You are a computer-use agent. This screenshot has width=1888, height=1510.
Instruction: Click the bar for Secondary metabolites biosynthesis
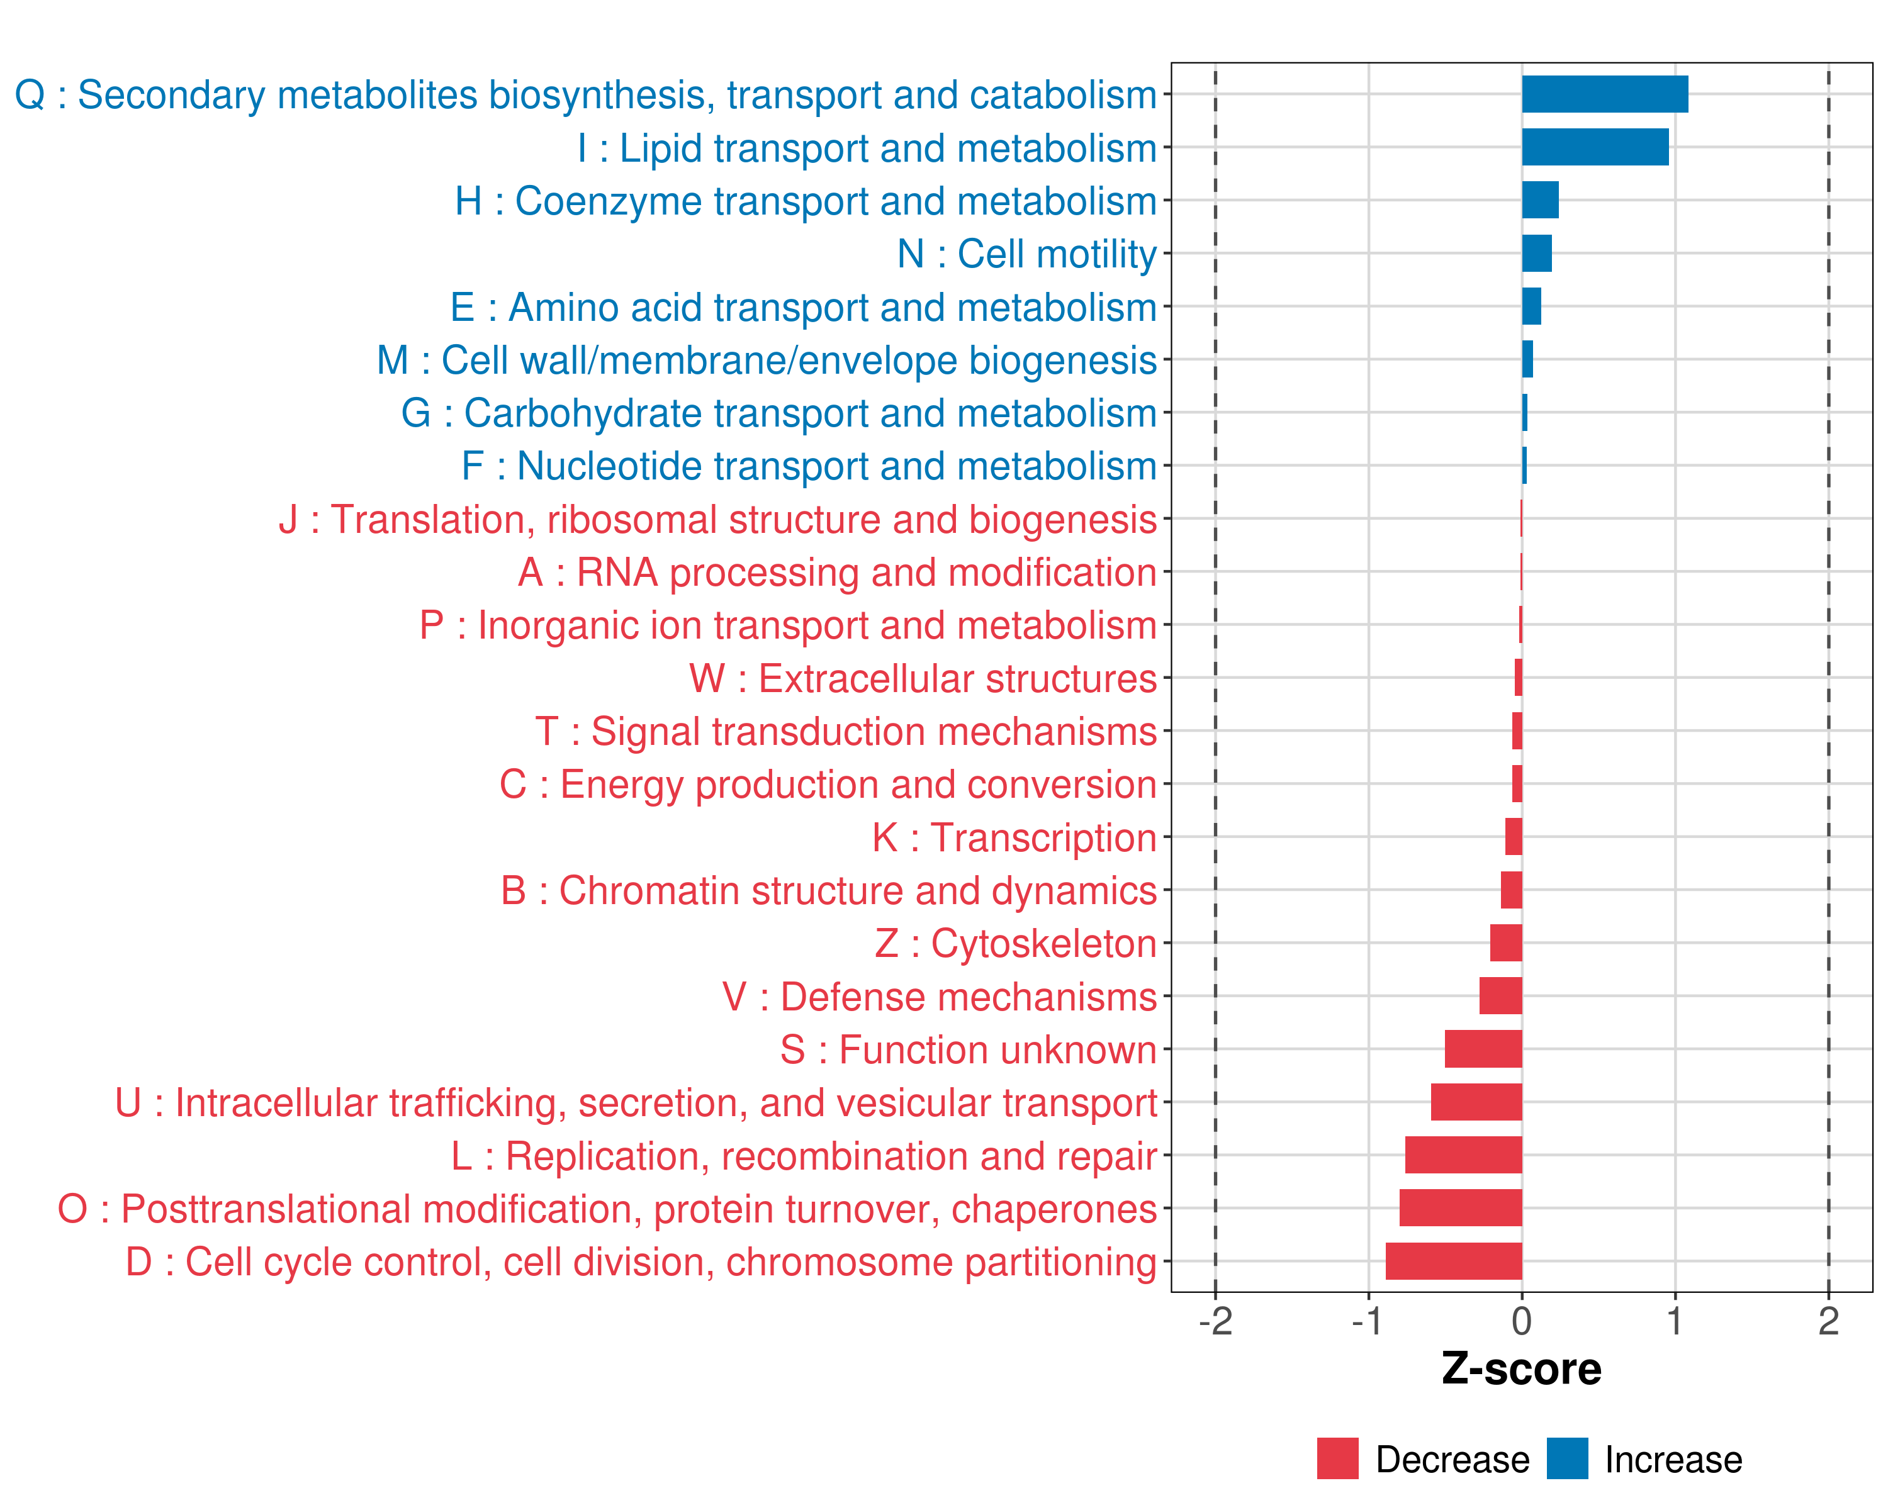click(x=1604, y=94)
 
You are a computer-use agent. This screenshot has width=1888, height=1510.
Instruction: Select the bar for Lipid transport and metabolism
click(x=1595, y=147)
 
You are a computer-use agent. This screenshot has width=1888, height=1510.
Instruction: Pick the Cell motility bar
click(x=1536, y=254)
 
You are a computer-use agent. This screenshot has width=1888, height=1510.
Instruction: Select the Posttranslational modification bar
click(x=1460, y=1208)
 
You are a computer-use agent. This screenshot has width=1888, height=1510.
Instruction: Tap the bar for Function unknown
click(x=1483, y=1049)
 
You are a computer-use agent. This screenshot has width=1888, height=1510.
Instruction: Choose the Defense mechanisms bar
click(x=1500, y=996)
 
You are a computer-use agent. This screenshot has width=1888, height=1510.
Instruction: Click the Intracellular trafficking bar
click(x=1476, y=1102)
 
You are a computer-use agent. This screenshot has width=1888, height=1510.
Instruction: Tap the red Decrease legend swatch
click(x=1337, y=1458)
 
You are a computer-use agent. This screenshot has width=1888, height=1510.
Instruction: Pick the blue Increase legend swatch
click(x=1566, y=1458)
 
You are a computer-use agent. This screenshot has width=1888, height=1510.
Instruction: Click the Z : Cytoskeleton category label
click(x=1015, y=944)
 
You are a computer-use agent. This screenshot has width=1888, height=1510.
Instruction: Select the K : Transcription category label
click(x=1014, y=837)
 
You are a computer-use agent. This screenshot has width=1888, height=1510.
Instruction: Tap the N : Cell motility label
click(x=1026, y=254)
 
